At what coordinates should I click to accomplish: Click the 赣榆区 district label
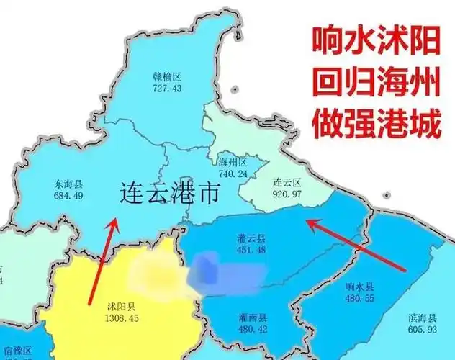pyautogui.click(x=166, y=76)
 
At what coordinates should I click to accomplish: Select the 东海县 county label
pyautogui.click(x=68, y=184)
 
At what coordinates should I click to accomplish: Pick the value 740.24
pyautogui.click(x=233, y=174)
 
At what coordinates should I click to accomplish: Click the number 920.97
pyautogui.click(x=287, y=194)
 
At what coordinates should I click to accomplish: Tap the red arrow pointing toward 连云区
pyautogui.click(x=356, y=245)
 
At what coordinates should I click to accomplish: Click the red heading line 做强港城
pyautogui.click(x=375, y=125)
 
